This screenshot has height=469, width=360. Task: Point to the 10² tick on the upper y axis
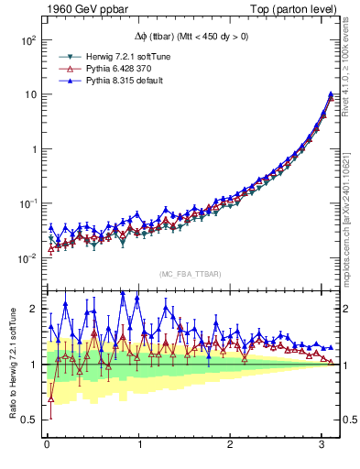tap(29, 41)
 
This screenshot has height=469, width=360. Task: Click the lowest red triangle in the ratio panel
tap(50, 398)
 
